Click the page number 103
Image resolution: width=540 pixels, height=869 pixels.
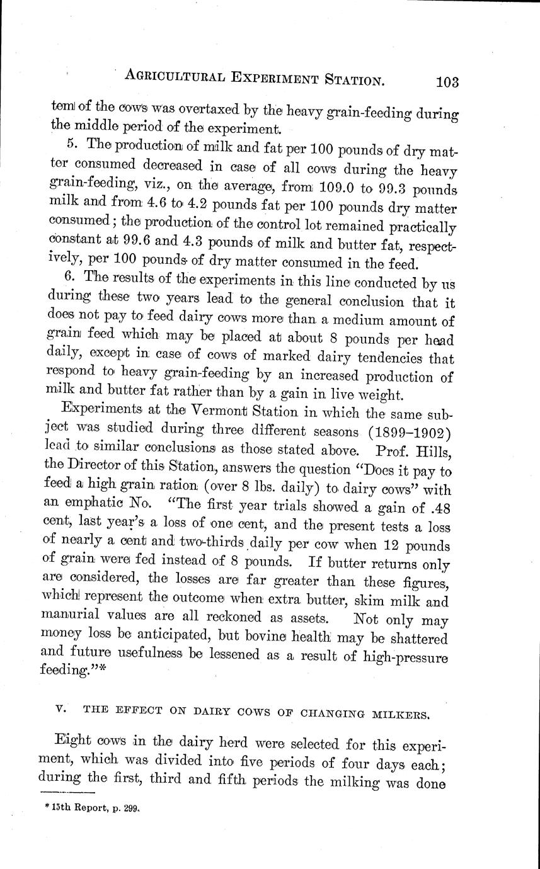coord(446,82)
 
